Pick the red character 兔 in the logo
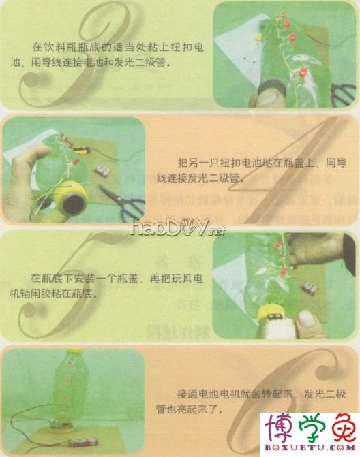tap(341, 427)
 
